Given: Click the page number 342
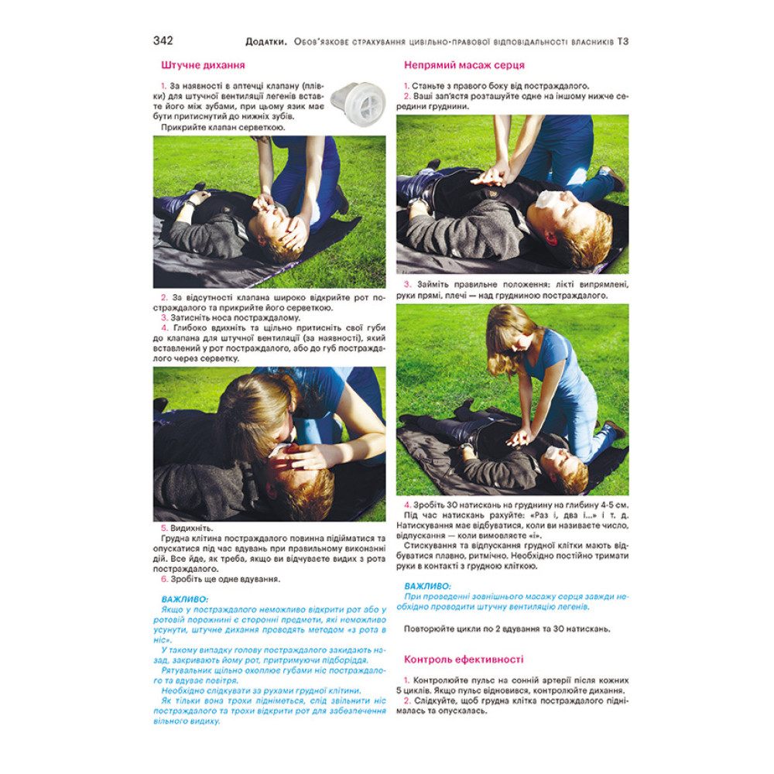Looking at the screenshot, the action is click(x=163, y=40).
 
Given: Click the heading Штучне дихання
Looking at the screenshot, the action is click(x=203, y=65).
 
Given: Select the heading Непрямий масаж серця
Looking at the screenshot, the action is click(x=464, y=65).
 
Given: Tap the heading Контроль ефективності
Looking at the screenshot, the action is click(x=464, y=659).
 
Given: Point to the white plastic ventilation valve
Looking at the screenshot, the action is click(x=358, y=104).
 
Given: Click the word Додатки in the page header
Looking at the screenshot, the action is click(x=265, y=42).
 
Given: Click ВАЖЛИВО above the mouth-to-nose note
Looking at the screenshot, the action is click(x=185, y=599).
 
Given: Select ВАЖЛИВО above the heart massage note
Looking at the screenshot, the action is click(x=427, y=587).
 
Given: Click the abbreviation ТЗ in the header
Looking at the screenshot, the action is click(x=622, y=42).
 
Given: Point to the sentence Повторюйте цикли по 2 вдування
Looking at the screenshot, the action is click(x=507, y=629).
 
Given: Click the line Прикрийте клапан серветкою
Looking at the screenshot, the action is click(x=223, y=128).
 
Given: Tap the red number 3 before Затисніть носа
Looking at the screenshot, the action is click(x=164, y=318).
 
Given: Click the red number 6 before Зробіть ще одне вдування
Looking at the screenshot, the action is click(x=164, y=579).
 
